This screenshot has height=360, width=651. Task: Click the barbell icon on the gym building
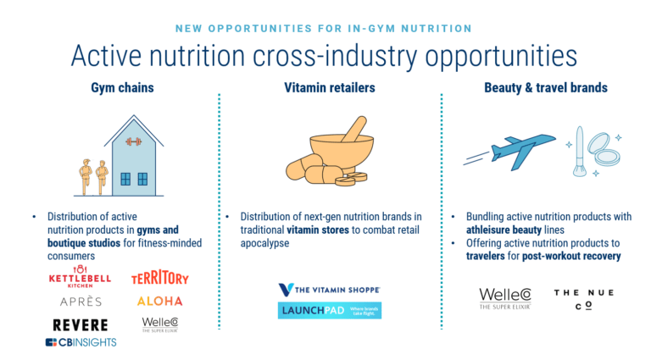click(x=133, y=141)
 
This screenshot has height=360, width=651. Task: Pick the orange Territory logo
click(x=160, y=278)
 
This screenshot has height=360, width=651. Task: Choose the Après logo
click(x=81, y=301)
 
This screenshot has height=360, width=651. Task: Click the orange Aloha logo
click(x=159, y=301)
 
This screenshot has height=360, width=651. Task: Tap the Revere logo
click(x=81, y=325)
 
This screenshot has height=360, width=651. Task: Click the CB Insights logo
click(x=81, y=342)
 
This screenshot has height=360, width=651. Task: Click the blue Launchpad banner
click(x=329, y=311)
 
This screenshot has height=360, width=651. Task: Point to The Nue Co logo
click(x=584, y=298)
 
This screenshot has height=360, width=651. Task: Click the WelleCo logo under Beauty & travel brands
click(x=505, y=298)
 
